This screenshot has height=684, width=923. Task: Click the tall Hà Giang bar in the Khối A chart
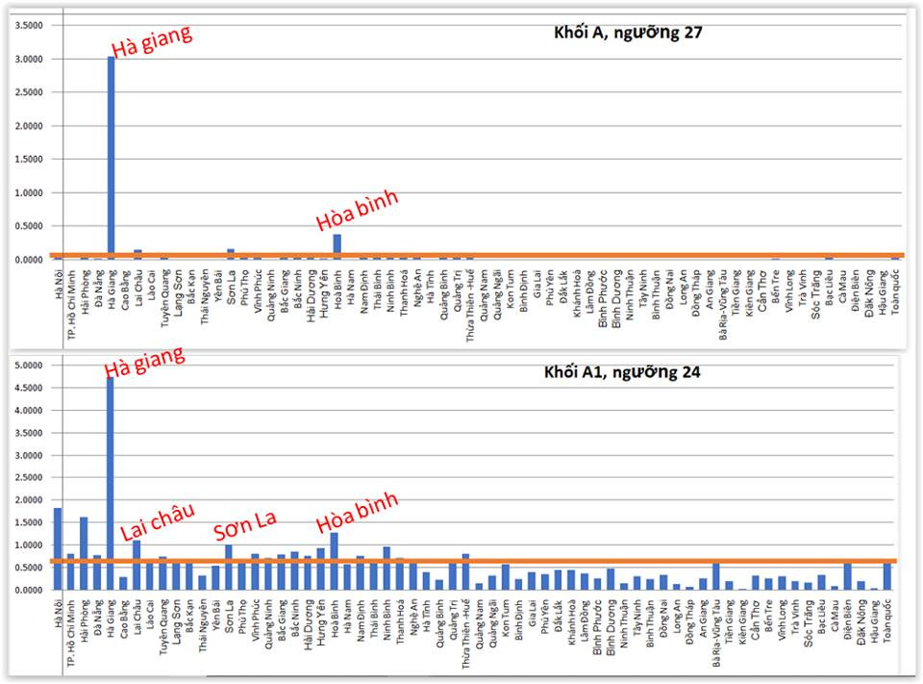tap(112, 159)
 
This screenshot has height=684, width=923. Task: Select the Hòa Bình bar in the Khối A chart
tap(337, 246)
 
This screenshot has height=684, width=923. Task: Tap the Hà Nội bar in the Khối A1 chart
tap(58, 548)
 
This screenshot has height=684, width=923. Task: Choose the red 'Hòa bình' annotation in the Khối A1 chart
tap(357, 506)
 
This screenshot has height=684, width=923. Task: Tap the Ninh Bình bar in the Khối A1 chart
tap(387, 568)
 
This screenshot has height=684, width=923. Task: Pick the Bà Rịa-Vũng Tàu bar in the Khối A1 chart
tap(715, 575)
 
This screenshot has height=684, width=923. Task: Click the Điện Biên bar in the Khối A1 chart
tap(847, 576)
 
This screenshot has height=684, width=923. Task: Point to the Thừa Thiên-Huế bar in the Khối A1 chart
tap(465, 571)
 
